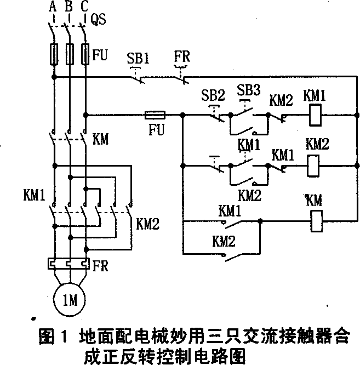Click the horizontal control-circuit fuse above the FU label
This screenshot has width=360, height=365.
(x=155, y=116)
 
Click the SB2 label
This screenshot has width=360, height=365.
(x=213, y=94)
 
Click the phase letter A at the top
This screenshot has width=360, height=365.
(x=53, y=7)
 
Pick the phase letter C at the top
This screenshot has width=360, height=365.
(x=84, y=7)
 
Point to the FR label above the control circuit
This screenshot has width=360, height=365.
(x=182, y=56)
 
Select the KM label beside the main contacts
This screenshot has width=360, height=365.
(x=101, y=139)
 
